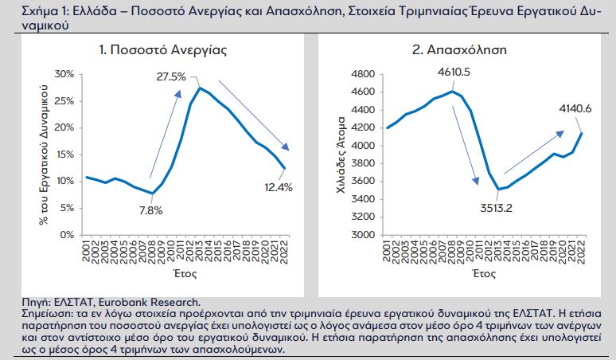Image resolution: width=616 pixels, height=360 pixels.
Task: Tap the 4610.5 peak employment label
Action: [x=454, y=72]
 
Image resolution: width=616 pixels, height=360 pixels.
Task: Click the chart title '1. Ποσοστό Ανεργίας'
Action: [x=162, y=49]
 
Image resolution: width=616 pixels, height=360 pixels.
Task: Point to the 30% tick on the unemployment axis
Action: [x=64, y=74]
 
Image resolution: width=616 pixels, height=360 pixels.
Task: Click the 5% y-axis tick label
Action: [x=66, y=208]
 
